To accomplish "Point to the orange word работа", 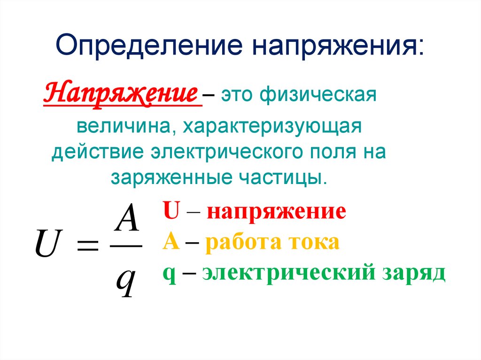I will click(244, 243).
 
